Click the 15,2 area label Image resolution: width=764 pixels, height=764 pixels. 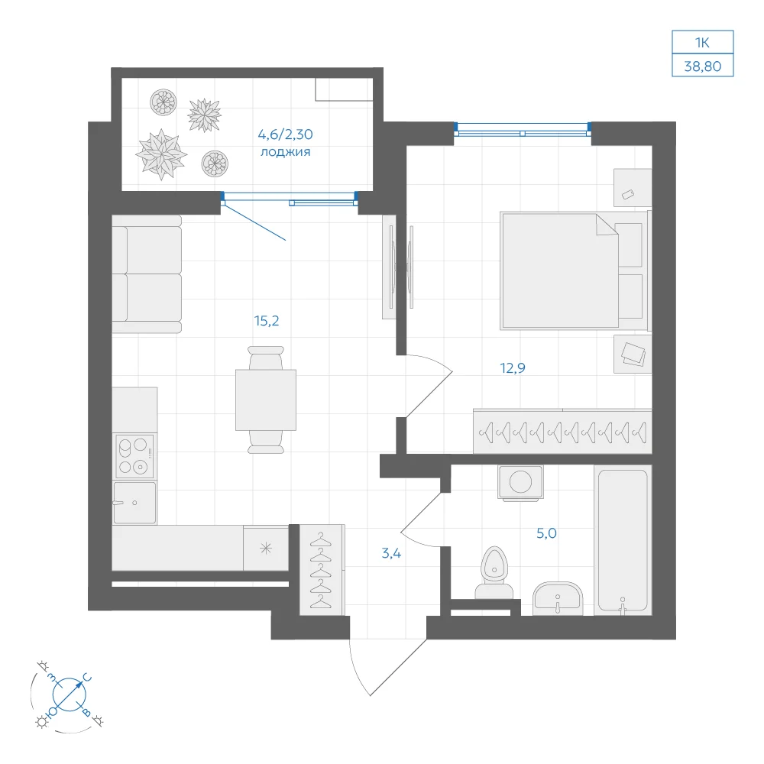pyautogui.click(x=267, y=321)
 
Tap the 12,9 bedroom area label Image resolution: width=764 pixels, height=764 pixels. pyautogui.click(x=513, y=368)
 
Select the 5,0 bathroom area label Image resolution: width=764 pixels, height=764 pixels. pyautogui.click(x=546, y=533)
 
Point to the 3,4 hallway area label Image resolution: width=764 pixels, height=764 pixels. pyautogui.click(x=391, y=553)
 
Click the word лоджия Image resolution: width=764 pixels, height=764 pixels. pyautogui.click(x=286, y=152)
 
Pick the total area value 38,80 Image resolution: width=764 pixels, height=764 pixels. pyautogui.click(x=703, y=66)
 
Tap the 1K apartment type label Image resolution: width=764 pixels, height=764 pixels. pyautogui.click(x=702, y=43)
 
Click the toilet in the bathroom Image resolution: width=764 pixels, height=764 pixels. pyautogui.click(x=494, y=572)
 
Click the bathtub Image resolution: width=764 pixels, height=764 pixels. pyautogui.click(x=623, y=540)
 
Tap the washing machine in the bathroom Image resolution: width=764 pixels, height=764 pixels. pyautogui.click(x=520, y=482)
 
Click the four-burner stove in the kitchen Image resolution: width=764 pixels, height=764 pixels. pyautogui.click(x=135, y=456)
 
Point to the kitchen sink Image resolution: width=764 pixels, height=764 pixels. pyautogui.click(x=134, y=503)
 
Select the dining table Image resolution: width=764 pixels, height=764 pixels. pyautogui.click(x=266, y=400)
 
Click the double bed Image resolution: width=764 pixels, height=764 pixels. pyautogui.click(x=576, y=270)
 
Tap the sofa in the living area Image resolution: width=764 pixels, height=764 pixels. pyautogui.click(x=147, y=274)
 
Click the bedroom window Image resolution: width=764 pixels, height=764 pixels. pyautogui.click(x=523, y=130)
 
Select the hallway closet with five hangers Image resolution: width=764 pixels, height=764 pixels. pyautogui.click(x=322, y=570)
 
